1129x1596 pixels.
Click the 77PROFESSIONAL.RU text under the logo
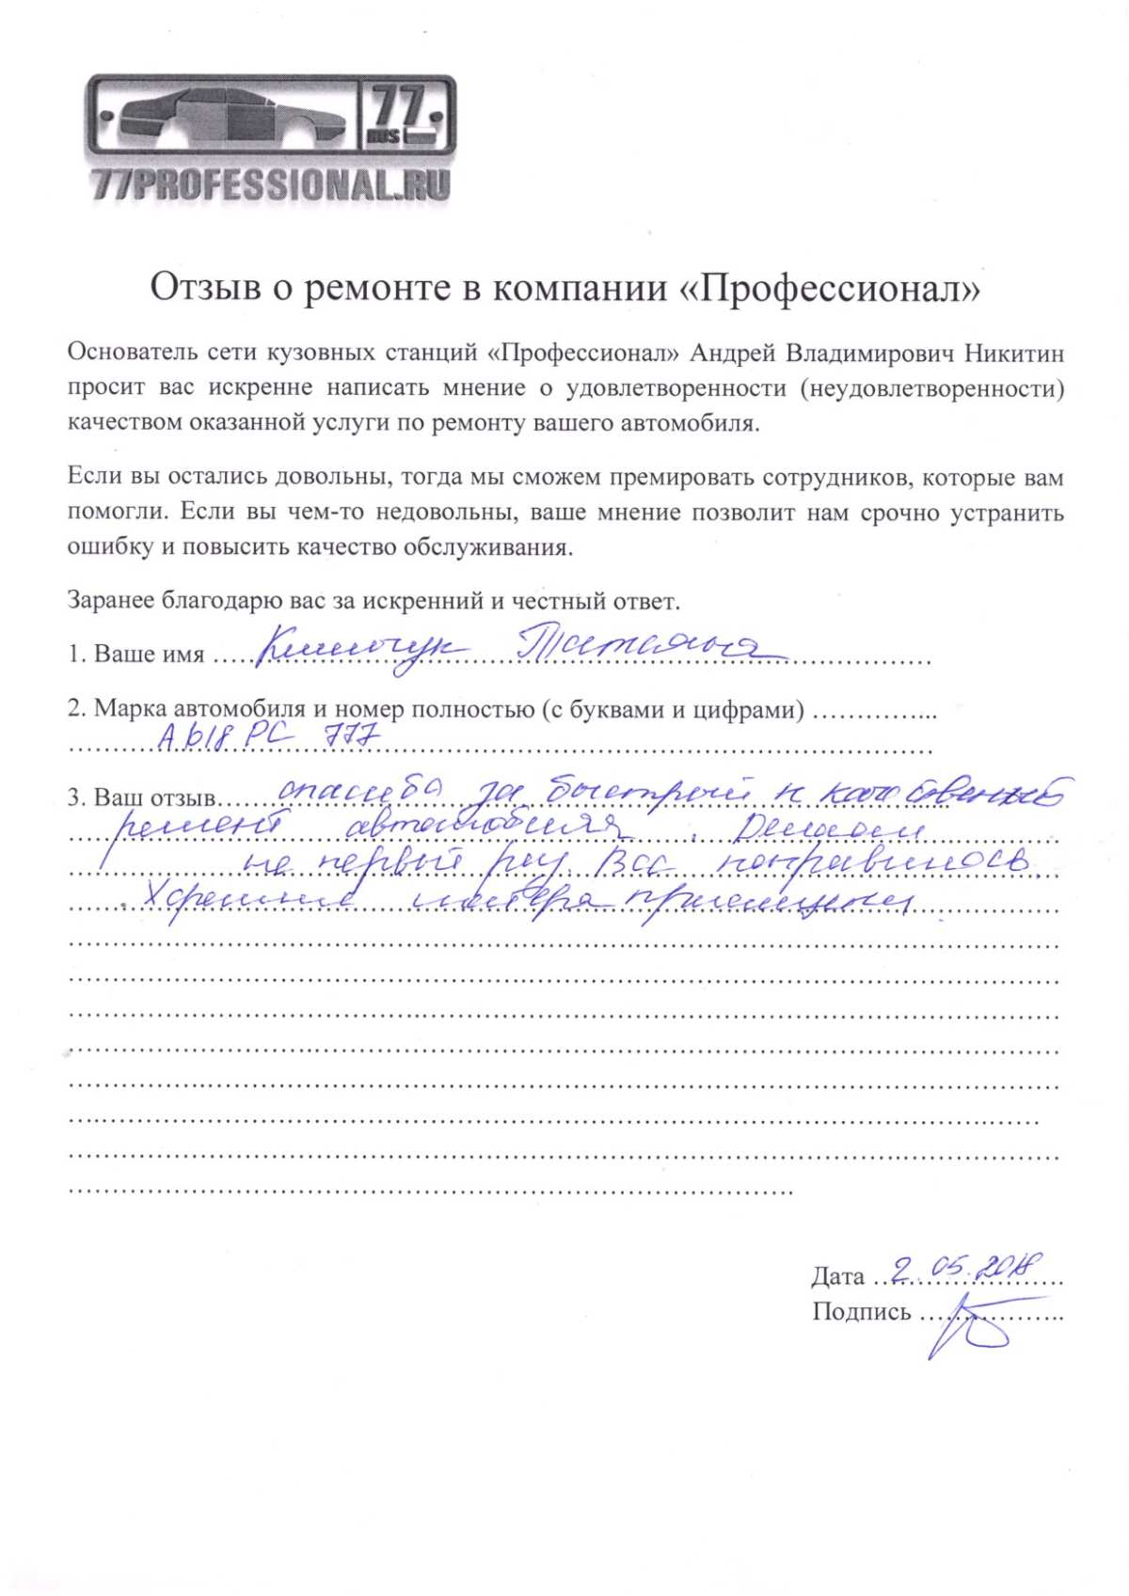coord(271,185)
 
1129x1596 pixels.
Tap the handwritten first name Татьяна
coord(649,647)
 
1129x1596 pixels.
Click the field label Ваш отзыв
coord(154,798)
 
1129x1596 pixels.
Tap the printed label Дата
coord(837,1276)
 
